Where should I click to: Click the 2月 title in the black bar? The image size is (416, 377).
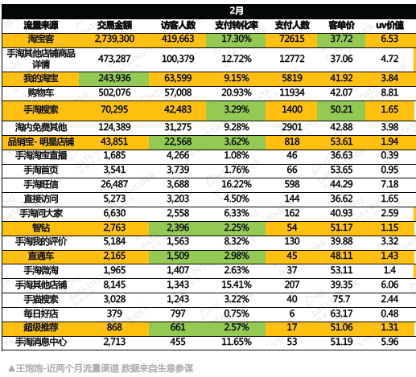coord(237,10)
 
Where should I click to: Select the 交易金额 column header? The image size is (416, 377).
coord(114,25)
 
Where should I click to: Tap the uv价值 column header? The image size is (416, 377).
coord(389,25)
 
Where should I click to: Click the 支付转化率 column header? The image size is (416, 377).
coord(237,25)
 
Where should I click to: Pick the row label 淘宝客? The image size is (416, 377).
coord(41,39)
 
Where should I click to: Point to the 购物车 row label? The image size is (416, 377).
coord(41,92)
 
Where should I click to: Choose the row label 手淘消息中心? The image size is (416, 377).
coord(41,342)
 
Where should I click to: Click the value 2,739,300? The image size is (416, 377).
coord(114,39)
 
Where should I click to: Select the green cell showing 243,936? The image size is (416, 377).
coord(114,78)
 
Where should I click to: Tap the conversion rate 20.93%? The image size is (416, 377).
coord(237,92)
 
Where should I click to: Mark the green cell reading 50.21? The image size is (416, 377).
coord(341,110)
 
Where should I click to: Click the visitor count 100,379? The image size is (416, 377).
coord(178,59)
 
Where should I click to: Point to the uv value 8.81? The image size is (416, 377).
coord(389,92)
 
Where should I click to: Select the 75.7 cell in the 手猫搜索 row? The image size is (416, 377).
coord(341,299)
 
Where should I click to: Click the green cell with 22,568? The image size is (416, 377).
coord(178,142)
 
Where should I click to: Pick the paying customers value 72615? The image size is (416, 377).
coord(292,39)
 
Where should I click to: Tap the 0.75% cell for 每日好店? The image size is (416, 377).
coord(237,313)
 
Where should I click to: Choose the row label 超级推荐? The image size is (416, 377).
coord(41,327)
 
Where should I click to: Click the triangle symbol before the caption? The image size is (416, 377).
coord(11,369)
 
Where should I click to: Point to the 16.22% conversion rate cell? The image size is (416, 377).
coord(237,184)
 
